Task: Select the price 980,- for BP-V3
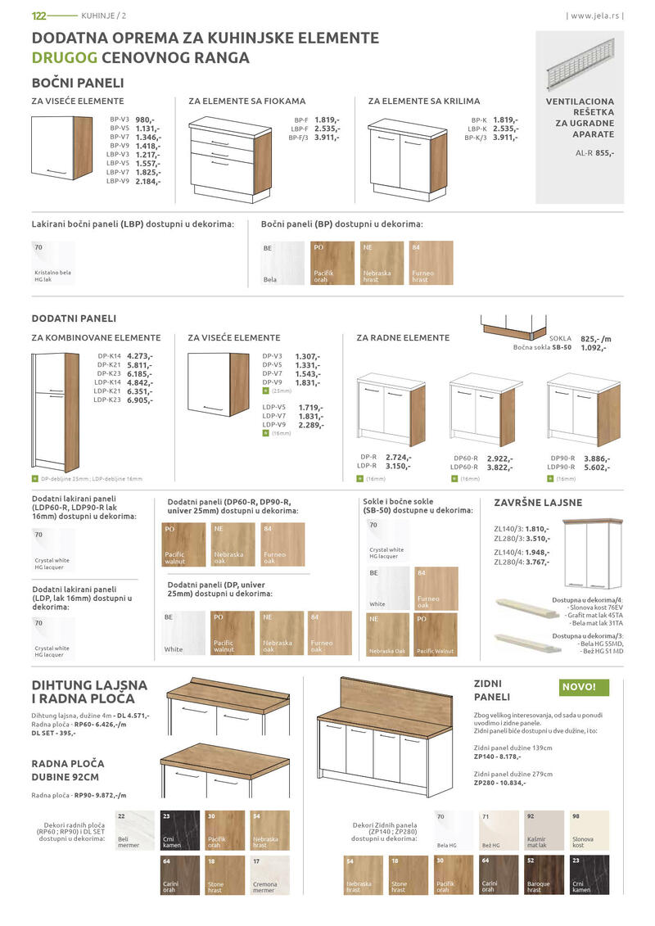pos(145,120)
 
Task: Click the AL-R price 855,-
pos(605,153)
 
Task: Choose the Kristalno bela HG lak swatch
pos(52,262)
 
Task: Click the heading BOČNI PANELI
pos(78,84)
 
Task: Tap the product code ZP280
pos(486,783)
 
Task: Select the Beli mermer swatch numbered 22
pos(134,830)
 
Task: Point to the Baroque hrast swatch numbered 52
pos(543,875)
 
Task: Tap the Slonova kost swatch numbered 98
pos(588,830)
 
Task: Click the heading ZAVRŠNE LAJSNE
pos(538,503)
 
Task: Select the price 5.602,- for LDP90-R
pos(597,468)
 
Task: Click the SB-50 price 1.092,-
pos(592,348)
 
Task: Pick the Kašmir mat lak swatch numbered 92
pos(543,830)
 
